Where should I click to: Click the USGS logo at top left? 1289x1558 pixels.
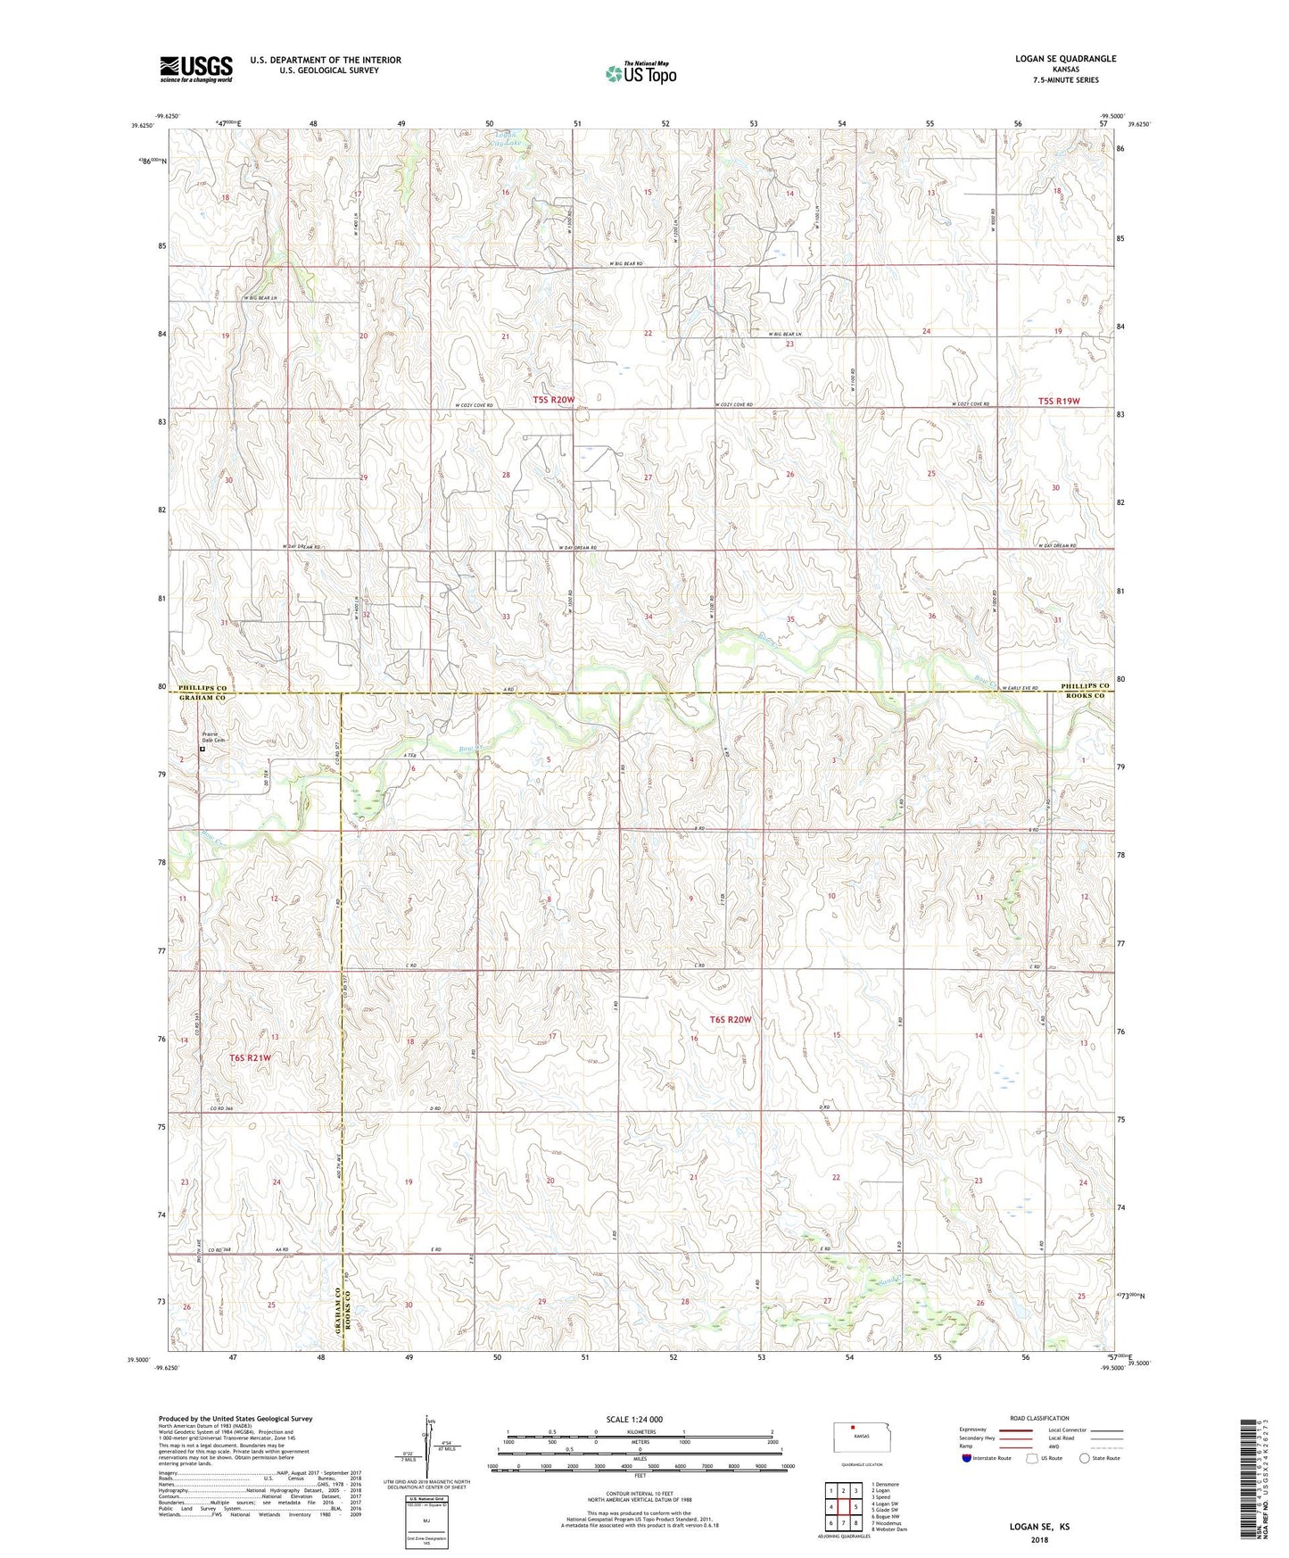pyautogui.click(x=196, y=69)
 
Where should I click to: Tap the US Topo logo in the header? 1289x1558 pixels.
pyautogui.click(x=640, y=73)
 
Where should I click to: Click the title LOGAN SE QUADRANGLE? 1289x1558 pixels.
pyautogui.click(x=1065, y=59)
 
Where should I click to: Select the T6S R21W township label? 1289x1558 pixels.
pyautogui.click(x=249, y=1057)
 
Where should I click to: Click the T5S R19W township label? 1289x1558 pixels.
pyautogui.click(x=1059, y=401)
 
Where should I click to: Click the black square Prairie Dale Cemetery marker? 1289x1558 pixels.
pyautogui.click(x=202, y=750)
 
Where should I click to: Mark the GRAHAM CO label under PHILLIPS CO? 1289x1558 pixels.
pyautogui.click(x=202, y=698)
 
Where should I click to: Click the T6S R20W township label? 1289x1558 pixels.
pyautogui.click(x=731, y=1019)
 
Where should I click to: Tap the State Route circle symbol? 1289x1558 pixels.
pyautogui.click(x=1084, y=1458)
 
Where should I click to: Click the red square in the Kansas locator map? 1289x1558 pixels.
pyautogui.click(x=852, y=1427)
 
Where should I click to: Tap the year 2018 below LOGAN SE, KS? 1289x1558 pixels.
pyautogui.click(x=1039, y=1539)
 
